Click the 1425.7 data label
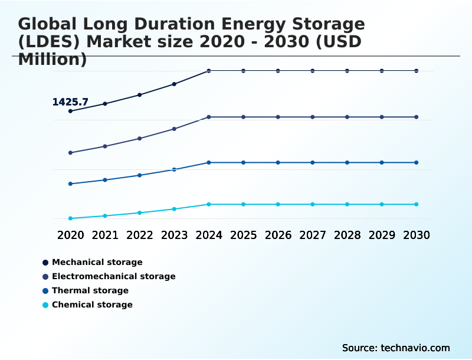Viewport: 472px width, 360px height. coord(70,102)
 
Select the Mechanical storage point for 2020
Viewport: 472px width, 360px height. coord(70,111)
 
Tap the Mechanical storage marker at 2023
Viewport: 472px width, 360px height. coord(174,84)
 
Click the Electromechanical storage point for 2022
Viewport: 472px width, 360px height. coord(140,138)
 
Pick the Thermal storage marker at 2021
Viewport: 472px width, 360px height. coord(105,180)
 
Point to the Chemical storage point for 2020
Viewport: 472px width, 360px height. coord(70,218)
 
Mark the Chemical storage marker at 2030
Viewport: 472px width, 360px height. coord(416,204)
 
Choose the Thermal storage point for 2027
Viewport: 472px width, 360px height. coord(313,162)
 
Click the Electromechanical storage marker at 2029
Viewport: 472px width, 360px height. coord(382,117)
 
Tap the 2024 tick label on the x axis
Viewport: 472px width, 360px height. coord(209,235)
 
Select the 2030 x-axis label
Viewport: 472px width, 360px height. coord(416,235)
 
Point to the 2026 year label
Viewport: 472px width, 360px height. coord(278,235)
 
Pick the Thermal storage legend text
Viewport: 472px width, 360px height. coord(90,290)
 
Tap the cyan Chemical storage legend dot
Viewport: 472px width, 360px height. coord(45,305)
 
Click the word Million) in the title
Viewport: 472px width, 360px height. coord(53,60)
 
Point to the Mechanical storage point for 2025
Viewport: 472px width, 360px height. coord(243,71)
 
